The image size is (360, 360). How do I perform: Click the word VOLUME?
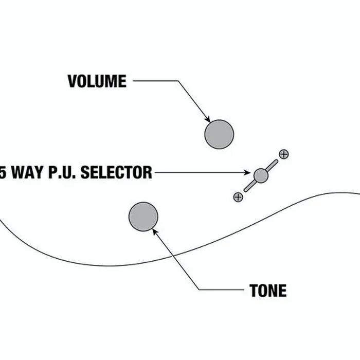(97, 81)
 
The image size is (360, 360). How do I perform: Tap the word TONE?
(268, 291)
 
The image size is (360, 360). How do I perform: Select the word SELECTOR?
(116, 172)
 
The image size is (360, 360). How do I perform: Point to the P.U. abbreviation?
(62, 172)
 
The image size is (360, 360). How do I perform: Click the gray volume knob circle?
(219, 134)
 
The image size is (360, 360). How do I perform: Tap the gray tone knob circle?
(143, 217)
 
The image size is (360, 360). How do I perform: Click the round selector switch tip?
(261, 176)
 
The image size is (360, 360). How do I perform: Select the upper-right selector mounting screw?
(284, 154)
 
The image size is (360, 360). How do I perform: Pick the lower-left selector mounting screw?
(238, 197)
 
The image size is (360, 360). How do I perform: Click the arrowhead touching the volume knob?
(208, 120)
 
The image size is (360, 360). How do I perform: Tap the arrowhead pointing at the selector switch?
(247, 172)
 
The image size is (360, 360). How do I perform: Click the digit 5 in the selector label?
(3, 172)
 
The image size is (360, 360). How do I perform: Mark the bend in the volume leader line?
(178, 81)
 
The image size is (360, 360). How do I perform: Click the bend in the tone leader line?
(199, 290)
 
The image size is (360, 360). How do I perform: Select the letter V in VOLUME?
(73, 81)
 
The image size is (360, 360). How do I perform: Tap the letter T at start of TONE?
(253, 291)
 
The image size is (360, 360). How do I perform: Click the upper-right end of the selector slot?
(276, 161)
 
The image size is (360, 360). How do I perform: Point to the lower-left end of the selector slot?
(246, 190)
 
